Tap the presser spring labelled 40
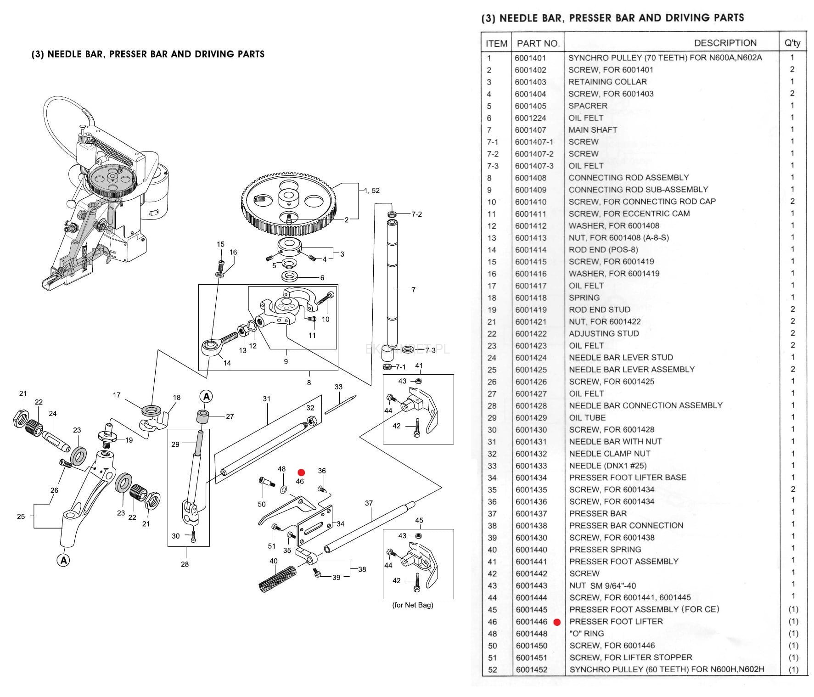pyautogui.click(x=278, y=578)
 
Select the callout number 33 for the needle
pyautogui.click(x=338, y=387)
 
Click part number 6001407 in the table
pyautogui.click(x=530, y=129)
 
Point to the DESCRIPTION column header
pyautogui.click(x=725, y=43)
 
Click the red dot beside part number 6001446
pyautogui.click(x=557, y=623)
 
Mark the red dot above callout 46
pyautogui.click(x=301, y=472)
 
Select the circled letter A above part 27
pyautogui.click(x=206, y=396)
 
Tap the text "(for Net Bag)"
pyautogui.click(x=412, y=605)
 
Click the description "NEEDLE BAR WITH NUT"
pyautogui.click(x=615, y=442)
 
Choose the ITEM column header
pyautogui.click(x=496, y=43)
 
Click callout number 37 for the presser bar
pyautogui.click(x=369, y=503)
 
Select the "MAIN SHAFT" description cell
pyautogui.click(x=592, y=129)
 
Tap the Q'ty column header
pyautogui.click(x=792, y=43)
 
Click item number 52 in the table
pyautogui.click(x=492, y=669)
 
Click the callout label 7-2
pyautogui.click(x=416, y=214)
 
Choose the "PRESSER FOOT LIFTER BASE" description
pyautogui.click(x=627, y=478)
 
